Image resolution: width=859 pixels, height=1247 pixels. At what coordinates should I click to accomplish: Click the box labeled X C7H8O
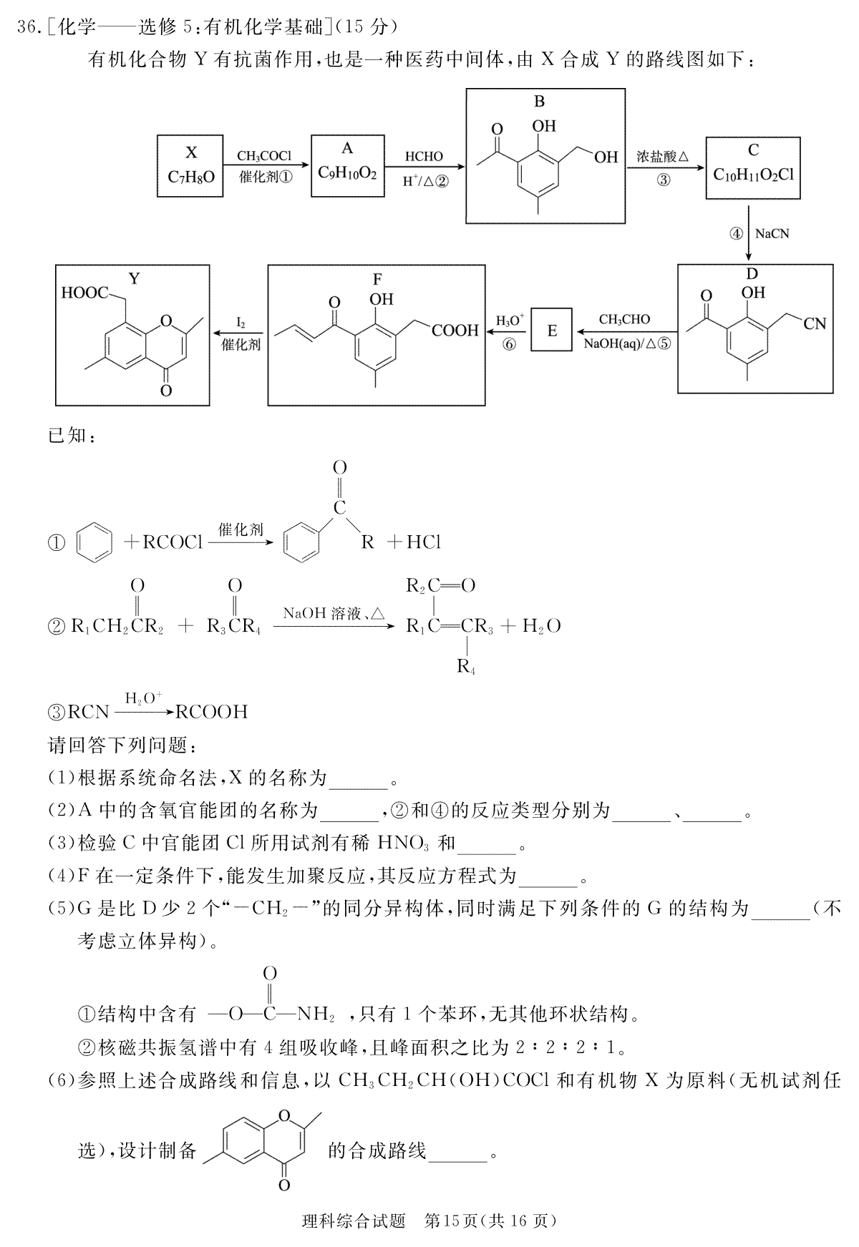click(x=190, y=165)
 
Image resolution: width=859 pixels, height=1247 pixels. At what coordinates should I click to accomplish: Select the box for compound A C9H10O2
click(x=347, y=165)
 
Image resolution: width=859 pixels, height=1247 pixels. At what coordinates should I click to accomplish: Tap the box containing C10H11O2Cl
click(x=753, y=168)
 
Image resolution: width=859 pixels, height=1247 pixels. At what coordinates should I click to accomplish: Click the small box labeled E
click(x=552, y=330)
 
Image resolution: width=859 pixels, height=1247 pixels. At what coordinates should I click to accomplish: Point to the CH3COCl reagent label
click(x=266, y=155)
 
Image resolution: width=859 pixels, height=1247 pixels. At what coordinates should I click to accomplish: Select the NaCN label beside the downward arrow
click(x=772, y=233)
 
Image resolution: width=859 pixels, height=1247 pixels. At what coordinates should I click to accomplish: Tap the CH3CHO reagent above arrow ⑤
click(x=625, y=319)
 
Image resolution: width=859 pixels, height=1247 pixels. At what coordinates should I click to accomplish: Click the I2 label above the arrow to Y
click(x=241, y=323)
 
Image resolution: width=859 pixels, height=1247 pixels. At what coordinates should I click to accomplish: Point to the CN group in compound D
click(x=815, y=323)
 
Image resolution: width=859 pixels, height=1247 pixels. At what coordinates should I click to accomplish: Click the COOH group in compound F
click(x=455, y=330)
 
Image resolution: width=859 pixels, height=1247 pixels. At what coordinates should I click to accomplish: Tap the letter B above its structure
click(x=539, y=102)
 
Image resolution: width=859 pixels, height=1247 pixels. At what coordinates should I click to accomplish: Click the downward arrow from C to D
click(x=749, y=234)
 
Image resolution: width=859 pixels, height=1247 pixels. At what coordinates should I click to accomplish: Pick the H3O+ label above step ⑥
click(x=510, y=320)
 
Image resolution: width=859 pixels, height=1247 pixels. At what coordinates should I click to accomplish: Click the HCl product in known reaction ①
click(x=423, y=542)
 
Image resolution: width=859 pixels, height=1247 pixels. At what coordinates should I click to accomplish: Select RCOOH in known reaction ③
click(x=212, y=712)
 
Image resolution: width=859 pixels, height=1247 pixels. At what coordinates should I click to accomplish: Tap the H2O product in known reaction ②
click(x=541, y=627)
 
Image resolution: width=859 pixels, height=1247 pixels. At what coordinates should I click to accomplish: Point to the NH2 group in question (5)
click(x=316, y=1014)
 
